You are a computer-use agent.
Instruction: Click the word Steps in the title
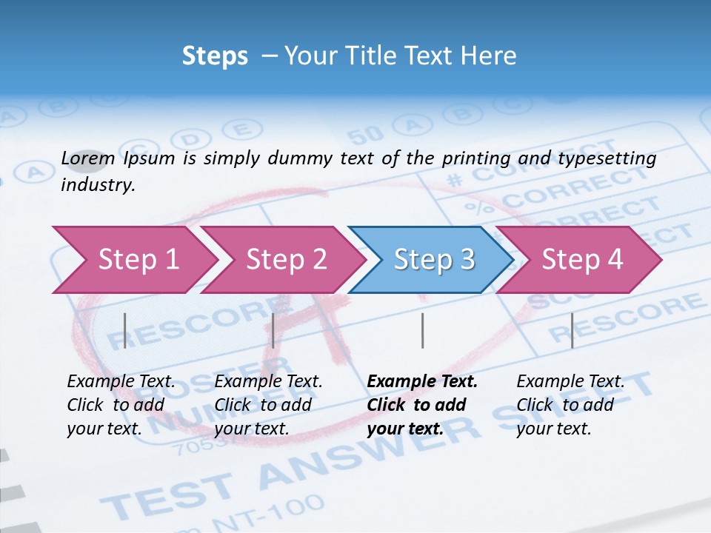215,56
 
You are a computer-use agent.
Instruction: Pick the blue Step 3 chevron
434,260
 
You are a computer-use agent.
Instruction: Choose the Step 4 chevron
582,260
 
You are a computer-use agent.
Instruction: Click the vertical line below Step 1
125,330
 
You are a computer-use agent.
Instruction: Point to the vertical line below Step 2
273,330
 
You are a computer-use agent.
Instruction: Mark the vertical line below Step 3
423,330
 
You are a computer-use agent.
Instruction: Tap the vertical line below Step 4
572,330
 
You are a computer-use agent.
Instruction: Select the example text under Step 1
120,405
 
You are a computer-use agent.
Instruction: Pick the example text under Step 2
267,405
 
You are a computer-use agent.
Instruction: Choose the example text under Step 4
570,405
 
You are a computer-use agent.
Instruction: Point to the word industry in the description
98,185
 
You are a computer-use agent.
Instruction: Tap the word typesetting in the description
614,158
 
